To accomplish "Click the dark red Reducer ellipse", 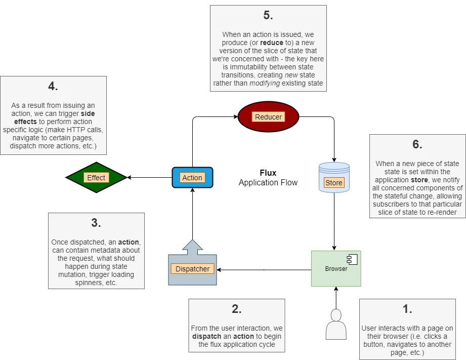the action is coord(268,116).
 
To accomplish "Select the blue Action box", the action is coord(193,178).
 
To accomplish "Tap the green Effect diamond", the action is coord(96,178).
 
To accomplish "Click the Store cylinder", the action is coord(334,177).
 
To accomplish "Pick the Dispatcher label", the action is coord(193,269).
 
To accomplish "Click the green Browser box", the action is coord(336,269).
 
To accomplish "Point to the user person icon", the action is coord(336,324).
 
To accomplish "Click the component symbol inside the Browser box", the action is coord(352,260).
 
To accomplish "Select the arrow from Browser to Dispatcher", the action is coord(264,270).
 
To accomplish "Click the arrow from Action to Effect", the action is coord(149,178).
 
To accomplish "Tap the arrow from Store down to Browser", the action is coord(334,221).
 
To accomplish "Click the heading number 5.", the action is coord(268,15).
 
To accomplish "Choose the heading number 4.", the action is coord(53,86).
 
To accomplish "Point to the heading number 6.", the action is coord(417,144).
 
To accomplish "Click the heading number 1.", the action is coord(407,309).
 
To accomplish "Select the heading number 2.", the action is coord(237,309).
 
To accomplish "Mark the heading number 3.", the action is coord(96,223).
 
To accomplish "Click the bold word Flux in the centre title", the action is coord(268,173).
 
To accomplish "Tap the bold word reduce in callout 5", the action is coord(272,43).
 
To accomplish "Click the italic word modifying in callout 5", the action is coord(265,84).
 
